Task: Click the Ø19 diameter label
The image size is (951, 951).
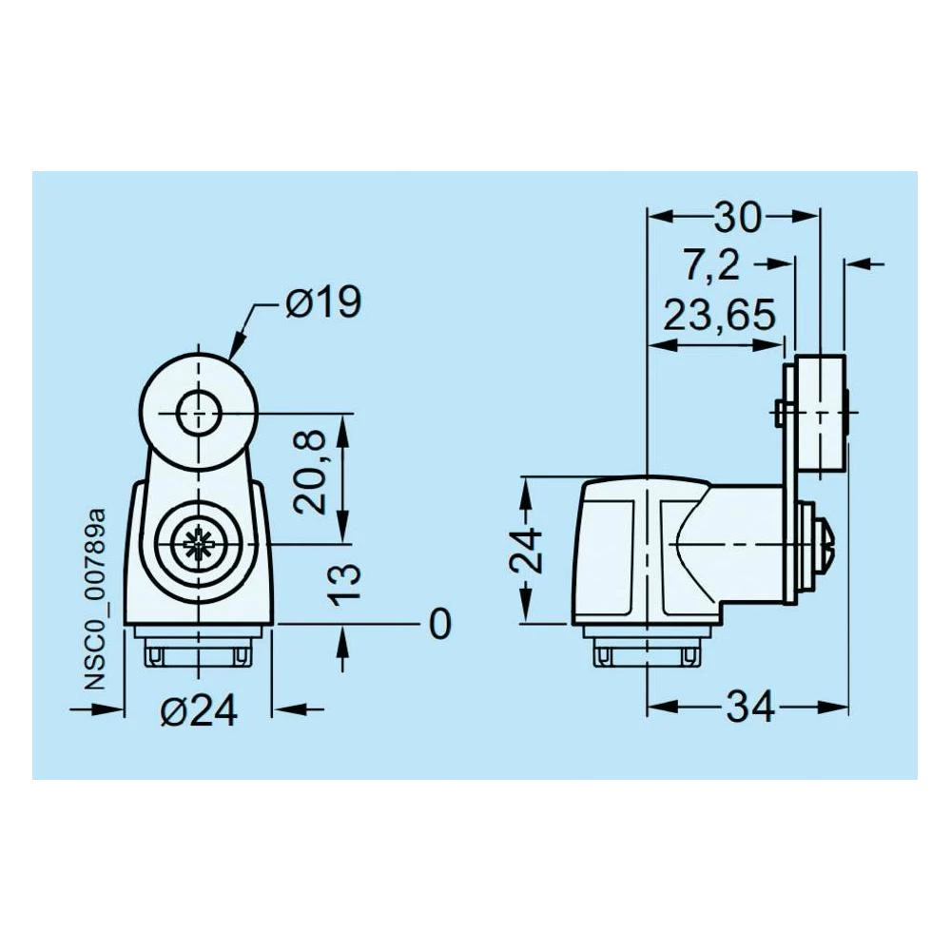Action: [x=322, y=304]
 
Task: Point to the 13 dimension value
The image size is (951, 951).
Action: [x=348, y=584]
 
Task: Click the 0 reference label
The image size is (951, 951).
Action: [x=439, y=625]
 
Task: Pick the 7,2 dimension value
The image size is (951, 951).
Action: [x=711, y=266]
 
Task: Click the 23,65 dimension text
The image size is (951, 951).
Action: [x=719, y=315]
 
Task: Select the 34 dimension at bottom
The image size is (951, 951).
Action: [x=752, y=707]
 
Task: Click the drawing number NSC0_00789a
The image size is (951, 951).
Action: [x=95, y=599]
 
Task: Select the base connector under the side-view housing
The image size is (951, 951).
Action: [x=647, y=651]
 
